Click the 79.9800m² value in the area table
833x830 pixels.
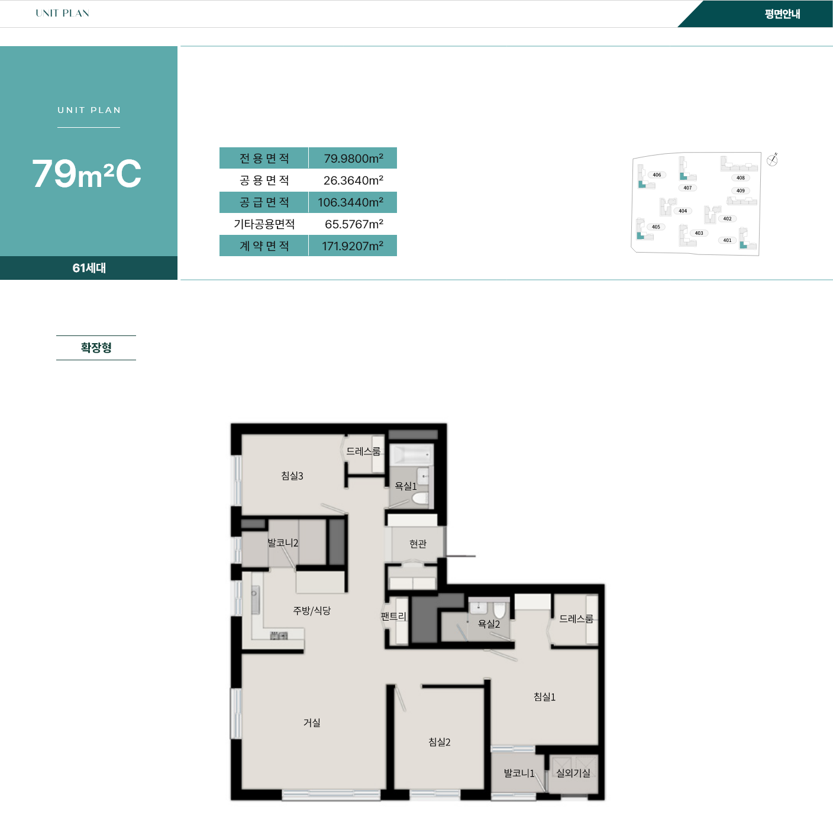coord(353,158)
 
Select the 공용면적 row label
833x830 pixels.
coord(264,180)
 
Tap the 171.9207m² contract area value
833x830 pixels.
coord(352,246)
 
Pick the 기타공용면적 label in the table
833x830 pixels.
coord(264,224)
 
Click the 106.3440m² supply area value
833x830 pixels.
coord(351,202)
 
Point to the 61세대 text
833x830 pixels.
coord(89,268)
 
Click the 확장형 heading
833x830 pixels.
coord(96,348)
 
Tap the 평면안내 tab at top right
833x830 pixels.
coord(782,14)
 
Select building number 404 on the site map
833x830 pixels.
coord(683,211)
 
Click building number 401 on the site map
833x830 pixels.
coord(728,240)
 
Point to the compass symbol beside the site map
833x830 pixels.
coord(772,160)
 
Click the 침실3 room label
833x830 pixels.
coord(292,476)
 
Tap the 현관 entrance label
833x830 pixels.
coord(418,544)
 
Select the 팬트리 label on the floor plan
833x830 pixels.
coord(393,616)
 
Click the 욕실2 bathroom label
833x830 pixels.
coord(489,624)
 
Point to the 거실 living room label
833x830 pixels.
coord(312,722)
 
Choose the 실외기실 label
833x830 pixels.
coord(573,773)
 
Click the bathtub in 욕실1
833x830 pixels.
coord(411,455)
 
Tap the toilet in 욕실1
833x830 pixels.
coord(419,499)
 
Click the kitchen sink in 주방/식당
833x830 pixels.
coord(255,600)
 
